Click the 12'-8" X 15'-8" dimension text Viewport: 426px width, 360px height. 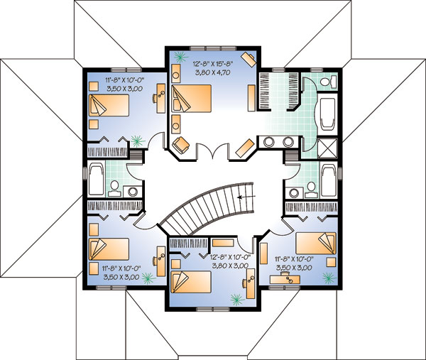click(213, 65)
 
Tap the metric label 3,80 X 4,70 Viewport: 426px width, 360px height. click(213, 72)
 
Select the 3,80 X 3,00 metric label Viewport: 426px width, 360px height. click(229, 266)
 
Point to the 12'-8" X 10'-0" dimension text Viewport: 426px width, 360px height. click(230, 257)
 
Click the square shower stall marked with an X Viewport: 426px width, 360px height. click(327, 148)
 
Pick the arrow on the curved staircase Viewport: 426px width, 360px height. click(246, 197)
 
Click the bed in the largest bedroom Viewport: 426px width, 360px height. click(192, 98)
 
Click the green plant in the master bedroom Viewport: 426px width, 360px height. click(180, 57)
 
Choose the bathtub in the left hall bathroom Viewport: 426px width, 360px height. click(96, 178)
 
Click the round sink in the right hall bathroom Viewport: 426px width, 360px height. click(293, 193)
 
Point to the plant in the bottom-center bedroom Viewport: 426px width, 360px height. click(237, 299)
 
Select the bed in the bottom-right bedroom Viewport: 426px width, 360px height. click(316, 243)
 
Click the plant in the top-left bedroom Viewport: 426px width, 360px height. click(138, 141)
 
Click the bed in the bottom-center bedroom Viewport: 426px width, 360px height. click(191, 283)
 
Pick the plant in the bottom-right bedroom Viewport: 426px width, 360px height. click(329, 278)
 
